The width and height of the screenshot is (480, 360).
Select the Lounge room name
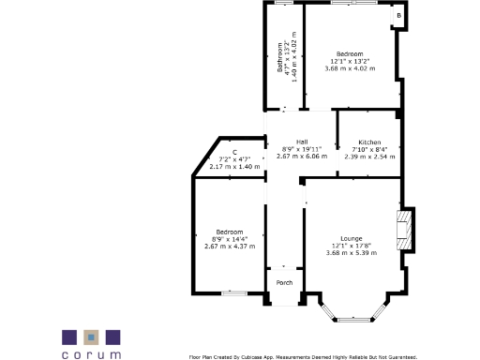(x=352, y=238)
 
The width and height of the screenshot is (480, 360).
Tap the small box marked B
(x=398, y=16)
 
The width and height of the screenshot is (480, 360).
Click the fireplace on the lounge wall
(x=405, y=230)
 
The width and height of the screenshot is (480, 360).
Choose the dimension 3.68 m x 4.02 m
(x=349, y=68)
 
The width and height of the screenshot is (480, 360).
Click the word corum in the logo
(x=92, y=354)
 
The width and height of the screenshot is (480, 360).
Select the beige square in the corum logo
(x=91, y=336)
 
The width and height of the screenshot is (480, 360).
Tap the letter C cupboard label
(x=234, y=152)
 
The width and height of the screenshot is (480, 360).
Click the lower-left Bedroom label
(x=229, y=232)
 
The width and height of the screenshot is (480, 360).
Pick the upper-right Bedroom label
(x=350, y=54)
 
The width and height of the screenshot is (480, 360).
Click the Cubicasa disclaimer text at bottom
(x=302, y=356)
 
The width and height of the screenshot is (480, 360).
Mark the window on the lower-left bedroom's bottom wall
(x=234, y=293)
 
